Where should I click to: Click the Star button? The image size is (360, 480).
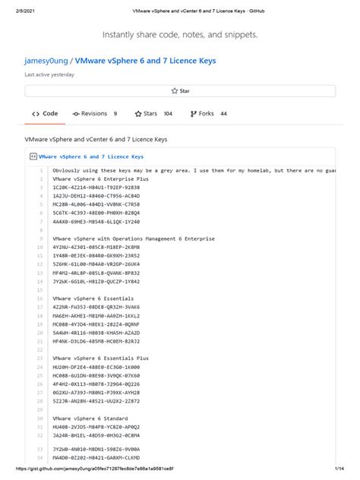pyautogui.click(x=180, y=90)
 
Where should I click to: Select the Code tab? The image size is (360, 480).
pyautogui.click(x=46, y=113)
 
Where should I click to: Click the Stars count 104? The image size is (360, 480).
pyautogui.click(x=168, y=113)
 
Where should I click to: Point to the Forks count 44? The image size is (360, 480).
pyautogui.click(x=223, y=113)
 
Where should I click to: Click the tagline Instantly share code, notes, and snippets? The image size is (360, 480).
pyautogui.click(x=179, y=35)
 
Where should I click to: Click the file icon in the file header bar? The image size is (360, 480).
pyautogui.click(x=33, y=156)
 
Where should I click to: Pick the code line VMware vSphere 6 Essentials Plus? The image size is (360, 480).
pyautogui.click(x=99, y=357)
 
